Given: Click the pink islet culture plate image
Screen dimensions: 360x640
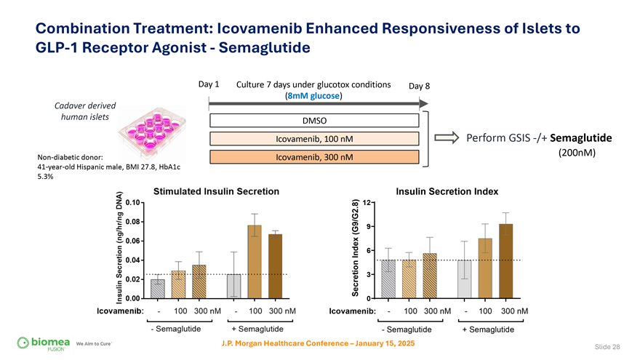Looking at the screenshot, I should point(151,129).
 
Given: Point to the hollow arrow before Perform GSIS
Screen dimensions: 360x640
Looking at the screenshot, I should point(444,138).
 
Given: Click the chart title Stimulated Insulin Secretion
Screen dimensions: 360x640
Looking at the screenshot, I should point(216,191).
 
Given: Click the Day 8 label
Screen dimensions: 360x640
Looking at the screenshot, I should point(419,86).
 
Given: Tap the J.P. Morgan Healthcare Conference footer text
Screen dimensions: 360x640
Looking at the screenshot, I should point(319,343).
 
